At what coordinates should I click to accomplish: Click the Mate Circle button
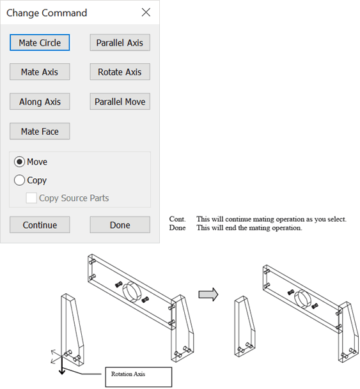coord(40,43)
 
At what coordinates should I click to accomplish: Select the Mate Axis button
coord(40,72)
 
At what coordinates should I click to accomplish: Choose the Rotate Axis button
coord(120,72)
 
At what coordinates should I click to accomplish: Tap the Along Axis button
coord(40,102)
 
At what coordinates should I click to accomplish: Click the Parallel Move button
coord(120,102)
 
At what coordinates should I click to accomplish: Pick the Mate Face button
coord(40,132)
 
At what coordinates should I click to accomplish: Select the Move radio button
coord(20,162)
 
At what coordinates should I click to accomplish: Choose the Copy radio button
coord(20,181)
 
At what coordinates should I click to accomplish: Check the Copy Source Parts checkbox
coord(31,198)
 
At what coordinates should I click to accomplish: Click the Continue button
coord(40,225)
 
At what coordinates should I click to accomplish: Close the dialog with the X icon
coord(146,12)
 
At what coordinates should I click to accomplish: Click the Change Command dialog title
coord(47,13)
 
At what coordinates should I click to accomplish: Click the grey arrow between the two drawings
coord(208,294)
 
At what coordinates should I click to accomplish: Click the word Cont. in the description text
coord(177,219)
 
